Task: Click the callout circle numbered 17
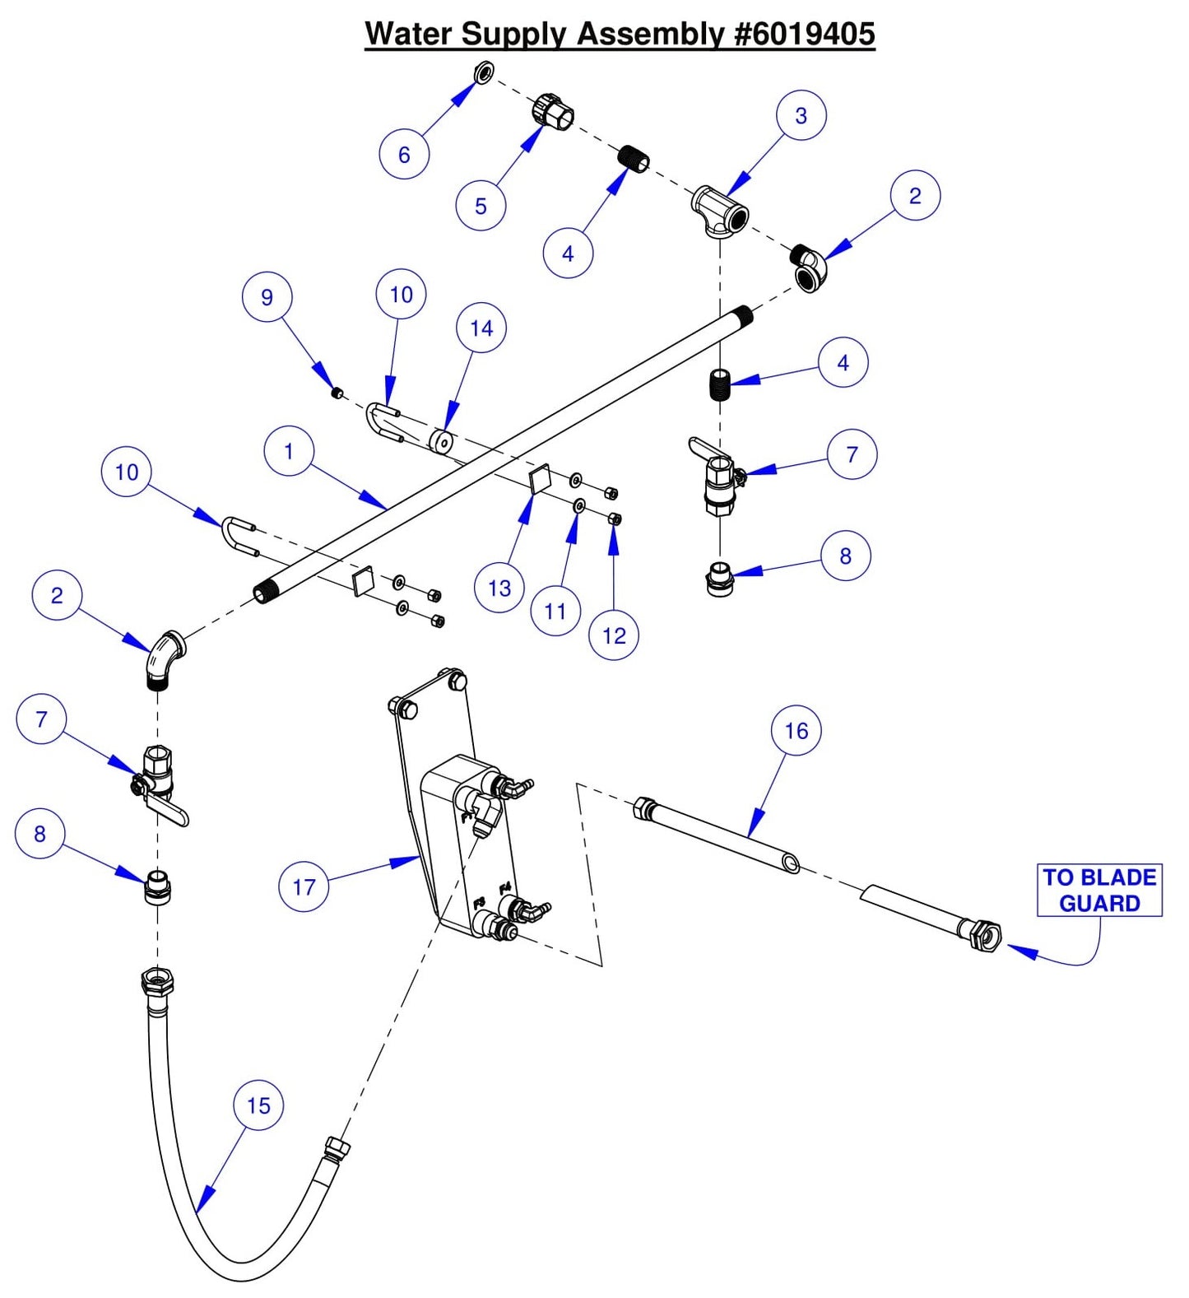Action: pyautogui.click(x=304, y=886)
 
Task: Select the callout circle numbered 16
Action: pyautogui.click(x=796, y=730)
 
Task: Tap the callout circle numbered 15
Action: pyautogui.click(x=258, y=1105)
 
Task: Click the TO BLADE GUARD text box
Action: pyautogui.click(x=1099, y=890)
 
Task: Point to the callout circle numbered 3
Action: pyautogui.click(x=801, y=115)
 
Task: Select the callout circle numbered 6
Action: pyautogui.click(x=404, y=154)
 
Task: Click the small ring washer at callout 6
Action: pyautogui.click(x=484, y=72)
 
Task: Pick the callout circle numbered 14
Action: pyautogui.click(x=481, y=328)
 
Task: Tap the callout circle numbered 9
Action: pyautogui.click(x=267, y=297)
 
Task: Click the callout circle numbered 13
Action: pyautogui.click(x=499, y=588)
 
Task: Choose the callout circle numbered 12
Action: pyautogui.click(x=614, y=635)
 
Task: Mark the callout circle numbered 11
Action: pyautogui.click(x=555, y=611)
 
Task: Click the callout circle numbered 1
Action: pyautogui.click(x=289, y=451)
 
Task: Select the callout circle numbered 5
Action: pyautogui.click(x=481, y=206)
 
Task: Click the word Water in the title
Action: pyautogui.click(x=408, y=34)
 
